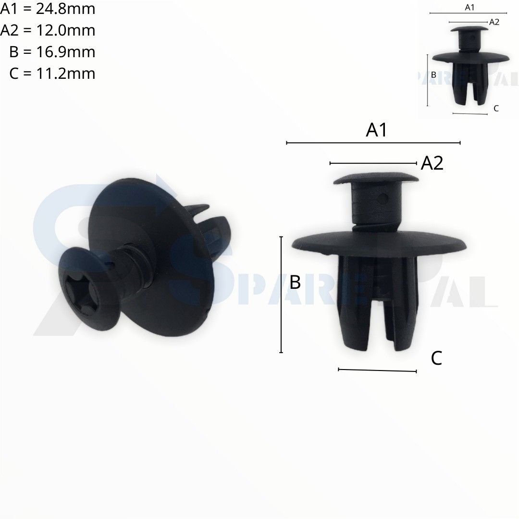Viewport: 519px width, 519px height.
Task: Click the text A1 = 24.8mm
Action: (x=48, y=9)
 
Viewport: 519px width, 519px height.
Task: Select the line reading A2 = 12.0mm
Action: (x=48, y=30)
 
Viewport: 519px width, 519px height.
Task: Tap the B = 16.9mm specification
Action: (x=52, y=52)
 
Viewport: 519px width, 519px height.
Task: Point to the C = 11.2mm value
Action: (x=52, y=74)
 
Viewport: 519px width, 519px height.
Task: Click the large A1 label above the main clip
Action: (x=376, y=130)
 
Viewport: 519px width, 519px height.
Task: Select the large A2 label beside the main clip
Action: (x=432, y=163)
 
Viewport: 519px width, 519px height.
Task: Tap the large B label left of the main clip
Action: (x=295, y=283)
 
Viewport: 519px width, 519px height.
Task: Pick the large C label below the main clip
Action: (x=436, y=358)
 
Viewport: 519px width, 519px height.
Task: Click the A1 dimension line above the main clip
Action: (x=373, y=143)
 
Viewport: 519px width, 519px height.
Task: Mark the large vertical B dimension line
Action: (x=281, y=295)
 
